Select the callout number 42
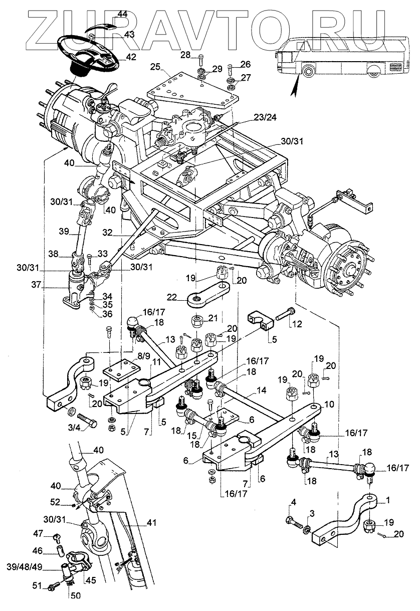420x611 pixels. click(x=130, y=57)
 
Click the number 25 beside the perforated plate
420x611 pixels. click(x=154, y=67)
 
